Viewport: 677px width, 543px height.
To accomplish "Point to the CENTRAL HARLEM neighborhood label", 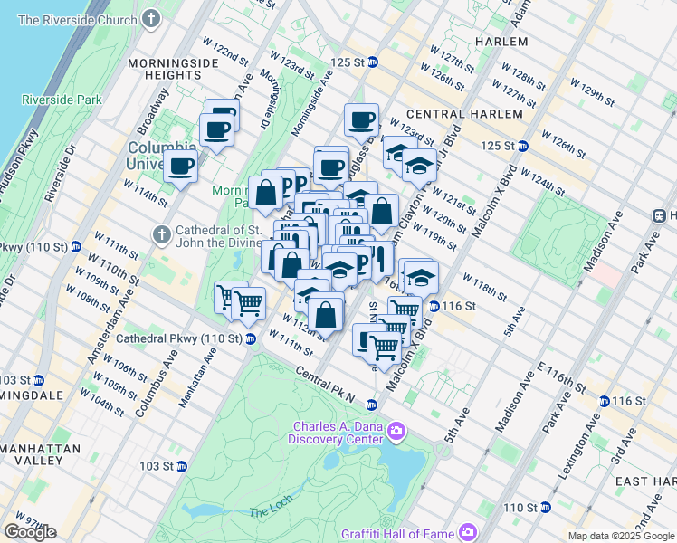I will (464, 114).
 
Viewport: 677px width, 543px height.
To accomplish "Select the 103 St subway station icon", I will (181, 466).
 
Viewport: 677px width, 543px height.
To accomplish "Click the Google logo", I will (30, 532).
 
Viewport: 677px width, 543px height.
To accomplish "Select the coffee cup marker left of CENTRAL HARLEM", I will (361, 120).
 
